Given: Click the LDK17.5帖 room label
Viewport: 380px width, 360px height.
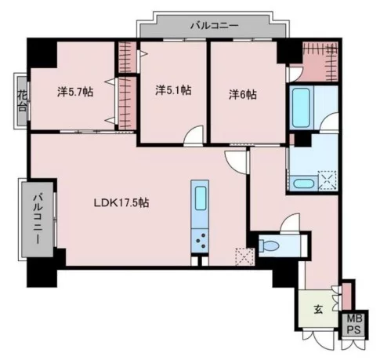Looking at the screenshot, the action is pos(121,202).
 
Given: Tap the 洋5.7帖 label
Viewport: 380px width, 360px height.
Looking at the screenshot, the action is pos(75,92).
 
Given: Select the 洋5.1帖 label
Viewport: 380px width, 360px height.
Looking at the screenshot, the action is pos(173,90).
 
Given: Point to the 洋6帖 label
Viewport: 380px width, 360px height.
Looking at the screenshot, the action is pos(243,94).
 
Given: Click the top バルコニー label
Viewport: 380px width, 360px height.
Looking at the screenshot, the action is pos(215,26).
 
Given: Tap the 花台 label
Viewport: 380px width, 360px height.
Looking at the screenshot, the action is pos(22,100).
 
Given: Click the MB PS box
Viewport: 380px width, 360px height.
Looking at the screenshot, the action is pos(355,324).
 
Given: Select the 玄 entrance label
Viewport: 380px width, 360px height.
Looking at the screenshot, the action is pos(318,310).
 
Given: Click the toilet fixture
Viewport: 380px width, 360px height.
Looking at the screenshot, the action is pos(269,245).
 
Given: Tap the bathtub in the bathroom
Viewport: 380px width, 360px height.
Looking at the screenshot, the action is pos(301,107).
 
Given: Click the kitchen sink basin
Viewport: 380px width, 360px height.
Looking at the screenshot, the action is pos(201,195).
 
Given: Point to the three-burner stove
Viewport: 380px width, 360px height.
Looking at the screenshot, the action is pos(200,241).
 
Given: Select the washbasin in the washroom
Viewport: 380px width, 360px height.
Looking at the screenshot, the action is pos(304,184).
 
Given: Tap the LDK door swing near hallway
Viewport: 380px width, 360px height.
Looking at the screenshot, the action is pos(235,162).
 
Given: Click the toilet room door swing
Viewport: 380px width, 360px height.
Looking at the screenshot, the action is pos(290,223).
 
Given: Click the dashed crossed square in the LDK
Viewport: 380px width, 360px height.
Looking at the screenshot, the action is pos(244,256).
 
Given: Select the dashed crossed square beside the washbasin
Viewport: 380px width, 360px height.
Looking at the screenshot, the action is pos(328,180).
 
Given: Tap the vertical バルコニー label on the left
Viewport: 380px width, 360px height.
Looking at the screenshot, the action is pos(38,219).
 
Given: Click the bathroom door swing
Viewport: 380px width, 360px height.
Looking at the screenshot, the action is pos(329,122).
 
